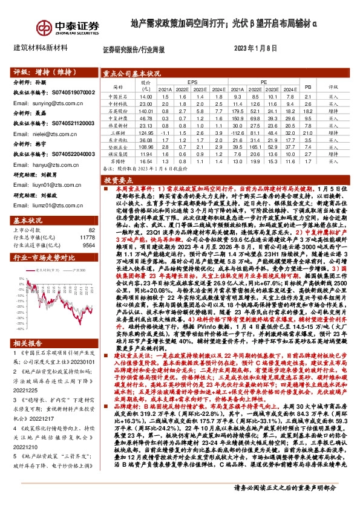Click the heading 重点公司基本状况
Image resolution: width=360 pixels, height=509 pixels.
(127, 73)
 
